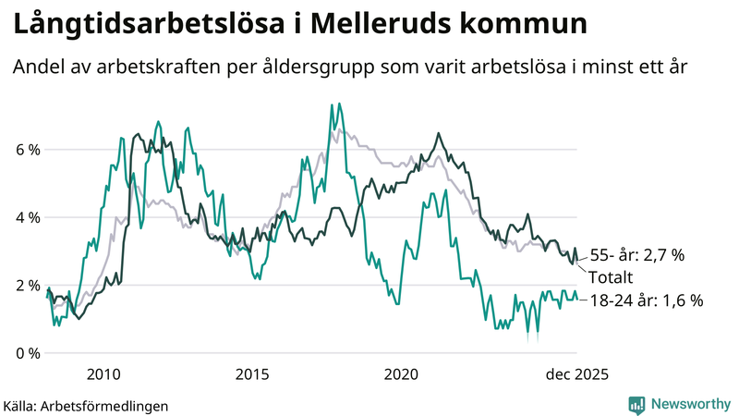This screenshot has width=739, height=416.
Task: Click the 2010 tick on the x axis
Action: pos(103,374)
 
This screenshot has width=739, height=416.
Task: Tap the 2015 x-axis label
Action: pos(252,374)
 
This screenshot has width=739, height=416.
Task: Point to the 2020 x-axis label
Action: pos(402,374)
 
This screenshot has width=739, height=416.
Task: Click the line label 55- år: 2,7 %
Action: pos(636,255)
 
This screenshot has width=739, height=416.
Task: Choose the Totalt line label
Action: pos(614,277)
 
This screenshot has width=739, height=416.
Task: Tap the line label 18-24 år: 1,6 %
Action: pos(647,300)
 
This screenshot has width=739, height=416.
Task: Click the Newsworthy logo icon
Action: pos(636,404)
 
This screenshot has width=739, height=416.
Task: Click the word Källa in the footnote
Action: pos(20,405)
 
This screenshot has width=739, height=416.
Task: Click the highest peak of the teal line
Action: pos(331,104)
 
